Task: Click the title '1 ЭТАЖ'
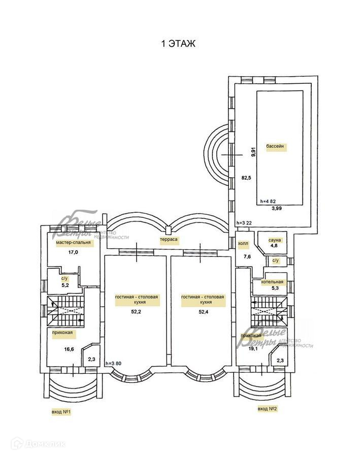pos(178,44)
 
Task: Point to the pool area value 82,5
pos(247,177)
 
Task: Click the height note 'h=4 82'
pos(269,201)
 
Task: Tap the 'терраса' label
pos(169,239)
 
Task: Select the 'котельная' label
pos(273,282)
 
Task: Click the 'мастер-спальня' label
pos(73,243)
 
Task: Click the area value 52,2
pos(135,312)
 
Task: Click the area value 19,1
pos(253,349)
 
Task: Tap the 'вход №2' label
pos(268,408)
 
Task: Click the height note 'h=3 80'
pos(114,364)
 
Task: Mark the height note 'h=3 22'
pos(245,223)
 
